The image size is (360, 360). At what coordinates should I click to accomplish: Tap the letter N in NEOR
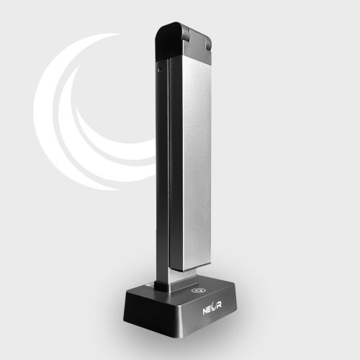(204, 311)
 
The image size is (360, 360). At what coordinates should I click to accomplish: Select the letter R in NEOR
(220, 305)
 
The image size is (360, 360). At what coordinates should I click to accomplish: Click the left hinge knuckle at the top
(185, 31)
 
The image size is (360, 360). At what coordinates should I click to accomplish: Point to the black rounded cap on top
(168, 41)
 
